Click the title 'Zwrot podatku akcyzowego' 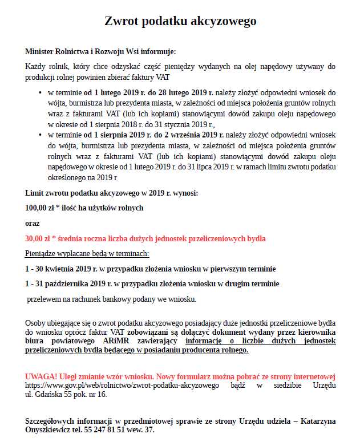[x=180, y=21]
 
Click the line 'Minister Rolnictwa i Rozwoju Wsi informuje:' [x=101, y=51]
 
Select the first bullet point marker [x=40, y=92]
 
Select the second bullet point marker [x=40, y=135]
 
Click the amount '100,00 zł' [x=41, y=208]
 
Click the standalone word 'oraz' [x=33, y=223]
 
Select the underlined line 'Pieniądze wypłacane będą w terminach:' [x=87, y=253]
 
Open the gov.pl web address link [x=122, y=386]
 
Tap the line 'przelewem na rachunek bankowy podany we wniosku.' [x=112, y=299]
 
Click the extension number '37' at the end [x=149, y=430]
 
